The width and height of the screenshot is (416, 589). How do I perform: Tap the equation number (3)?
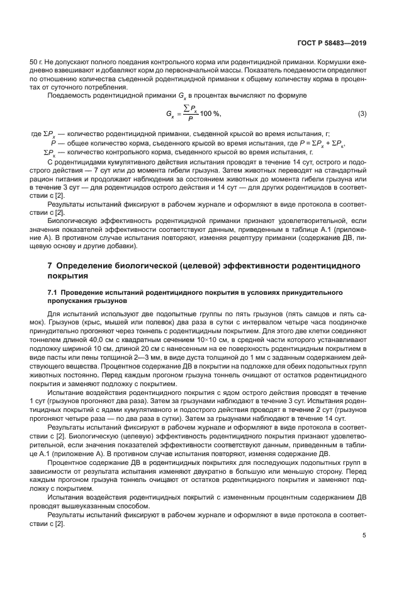pos(362,114)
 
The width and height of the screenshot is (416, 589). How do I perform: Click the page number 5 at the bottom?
pos(364,536)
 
